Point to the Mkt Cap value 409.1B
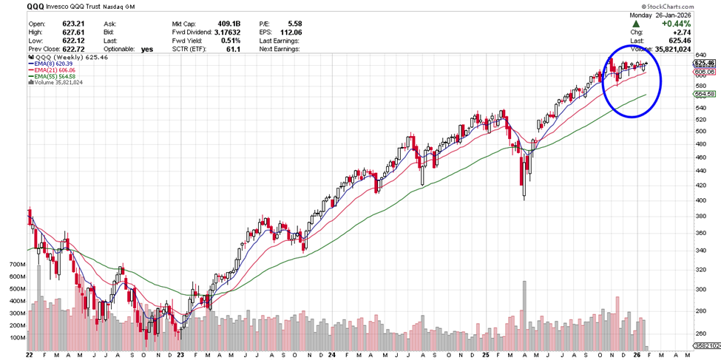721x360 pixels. [x=229, y=23]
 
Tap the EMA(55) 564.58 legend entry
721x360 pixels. [x=55, y=76]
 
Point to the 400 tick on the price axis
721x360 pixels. [x=699, y=200]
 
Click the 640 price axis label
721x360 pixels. [x=699, y=55]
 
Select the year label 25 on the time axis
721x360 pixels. [x=484, y=354]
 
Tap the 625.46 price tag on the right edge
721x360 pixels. [x=704, y=64]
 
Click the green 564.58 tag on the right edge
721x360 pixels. [x=704, y=95]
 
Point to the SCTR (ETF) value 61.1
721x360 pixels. [x=237, y=50]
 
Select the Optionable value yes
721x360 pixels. [x=146, y=50]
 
